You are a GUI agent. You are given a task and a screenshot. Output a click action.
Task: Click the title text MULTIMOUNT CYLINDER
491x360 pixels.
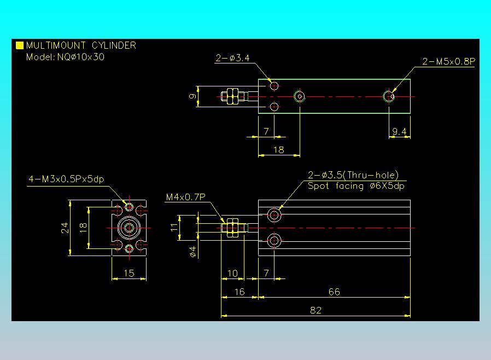(x=81, y=45)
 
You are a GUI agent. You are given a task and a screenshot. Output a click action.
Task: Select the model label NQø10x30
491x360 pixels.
(x=81, y=57)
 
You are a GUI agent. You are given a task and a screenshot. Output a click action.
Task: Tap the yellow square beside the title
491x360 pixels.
(x=20, y=45)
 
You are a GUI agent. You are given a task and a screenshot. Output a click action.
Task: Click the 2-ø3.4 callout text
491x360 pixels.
(x=233, y=58)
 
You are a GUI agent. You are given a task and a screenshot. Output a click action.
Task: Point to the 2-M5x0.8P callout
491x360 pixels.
(x=448, y=61)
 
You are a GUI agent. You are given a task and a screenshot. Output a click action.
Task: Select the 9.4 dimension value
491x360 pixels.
(x=399, y=131)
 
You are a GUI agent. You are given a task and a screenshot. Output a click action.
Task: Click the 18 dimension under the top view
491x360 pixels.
(x=279, y=150)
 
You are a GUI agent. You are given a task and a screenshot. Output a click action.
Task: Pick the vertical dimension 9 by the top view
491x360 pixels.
(x=192, y=96)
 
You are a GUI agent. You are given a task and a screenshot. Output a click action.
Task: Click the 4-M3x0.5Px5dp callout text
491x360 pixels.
(x=66, y=179)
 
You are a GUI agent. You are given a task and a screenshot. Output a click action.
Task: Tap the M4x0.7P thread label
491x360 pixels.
(x=186, y=197)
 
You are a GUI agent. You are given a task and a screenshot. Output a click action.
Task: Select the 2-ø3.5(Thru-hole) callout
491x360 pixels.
(x=353, y=175)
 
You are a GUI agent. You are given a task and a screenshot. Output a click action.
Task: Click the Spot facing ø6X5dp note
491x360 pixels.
(x=356, y=186)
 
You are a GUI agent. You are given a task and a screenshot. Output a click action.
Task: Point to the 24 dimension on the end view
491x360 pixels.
(x=65, y=228)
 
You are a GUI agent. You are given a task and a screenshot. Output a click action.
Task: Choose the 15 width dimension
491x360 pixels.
(x=129, y=273)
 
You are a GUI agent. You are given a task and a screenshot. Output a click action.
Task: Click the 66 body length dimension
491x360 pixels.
(x=334, y=292)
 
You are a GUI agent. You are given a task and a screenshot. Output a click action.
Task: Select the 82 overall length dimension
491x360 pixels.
(x=315, y=310)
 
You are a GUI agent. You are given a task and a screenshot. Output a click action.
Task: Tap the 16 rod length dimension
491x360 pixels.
(x=239, y=292)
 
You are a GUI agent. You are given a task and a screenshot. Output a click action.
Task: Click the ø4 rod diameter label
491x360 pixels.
(x=193, y=252)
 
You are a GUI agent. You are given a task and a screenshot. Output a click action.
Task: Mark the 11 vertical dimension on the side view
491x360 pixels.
(x=174, y=227)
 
